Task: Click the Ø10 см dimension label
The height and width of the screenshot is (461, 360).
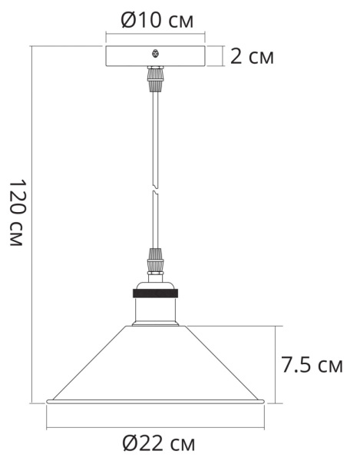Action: (157, 21)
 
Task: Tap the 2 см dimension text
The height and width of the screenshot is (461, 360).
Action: (251, 56)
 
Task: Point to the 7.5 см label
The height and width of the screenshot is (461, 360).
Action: (311, 364)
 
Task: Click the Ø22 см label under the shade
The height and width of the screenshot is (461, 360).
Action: (158, 443)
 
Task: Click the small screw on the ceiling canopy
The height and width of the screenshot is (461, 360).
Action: (156, 53)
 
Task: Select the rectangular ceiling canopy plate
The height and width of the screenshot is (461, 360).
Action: (130, 56)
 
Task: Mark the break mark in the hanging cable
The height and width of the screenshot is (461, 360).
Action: (156, 189)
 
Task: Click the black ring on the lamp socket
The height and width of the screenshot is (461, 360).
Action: (156, 293)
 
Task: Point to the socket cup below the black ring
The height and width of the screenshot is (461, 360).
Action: (156, 310)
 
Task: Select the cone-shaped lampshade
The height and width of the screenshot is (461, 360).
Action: (156, 369)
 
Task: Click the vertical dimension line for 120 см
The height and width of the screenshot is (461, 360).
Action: (31, 223)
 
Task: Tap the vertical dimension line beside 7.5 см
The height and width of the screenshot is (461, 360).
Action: (274, 363)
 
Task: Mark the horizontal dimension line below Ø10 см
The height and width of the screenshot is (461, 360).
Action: (156, 35)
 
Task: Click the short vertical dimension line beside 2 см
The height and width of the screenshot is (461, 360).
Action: (223, 55)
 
